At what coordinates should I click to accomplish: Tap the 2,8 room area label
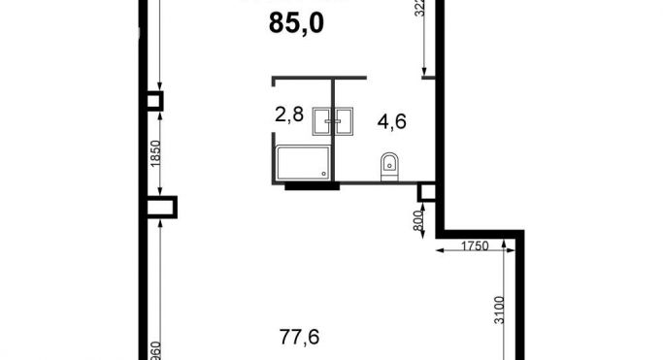289,114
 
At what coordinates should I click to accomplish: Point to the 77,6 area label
299,338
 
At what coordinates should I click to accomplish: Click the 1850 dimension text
154,153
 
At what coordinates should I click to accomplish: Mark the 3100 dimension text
500,311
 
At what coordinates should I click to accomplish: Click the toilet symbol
390,166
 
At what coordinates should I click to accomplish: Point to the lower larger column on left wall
162,207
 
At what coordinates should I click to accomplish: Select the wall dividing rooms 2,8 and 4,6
333,136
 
